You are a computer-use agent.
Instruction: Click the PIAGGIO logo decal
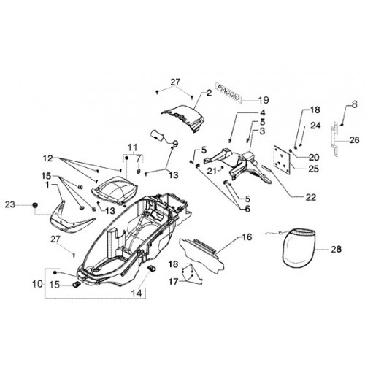point(228,92)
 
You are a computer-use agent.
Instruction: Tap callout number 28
point(336,249)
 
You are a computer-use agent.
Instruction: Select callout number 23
point(10,204)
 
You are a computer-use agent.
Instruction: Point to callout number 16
point(247,237)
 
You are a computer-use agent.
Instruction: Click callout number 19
point(264,100)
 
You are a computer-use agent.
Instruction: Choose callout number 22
point(310,197)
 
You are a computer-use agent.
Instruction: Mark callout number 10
point(37,284)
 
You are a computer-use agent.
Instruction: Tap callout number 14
point(137,293)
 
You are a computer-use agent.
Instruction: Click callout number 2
point(210,93)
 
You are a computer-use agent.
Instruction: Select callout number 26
point(354,140)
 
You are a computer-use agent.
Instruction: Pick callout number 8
point(354,104)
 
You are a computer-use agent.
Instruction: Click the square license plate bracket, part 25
point(283,159)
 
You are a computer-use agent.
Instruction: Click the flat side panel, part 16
point(202,254)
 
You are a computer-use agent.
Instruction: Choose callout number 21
point(212,171)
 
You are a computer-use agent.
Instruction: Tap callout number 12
point(48,158)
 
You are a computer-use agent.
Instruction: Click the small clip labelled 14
point(152,269)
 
